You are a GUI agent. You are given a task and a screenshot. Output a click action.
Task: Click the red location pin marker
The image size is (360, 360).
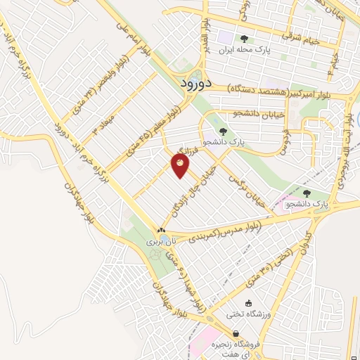(x=181, y=165)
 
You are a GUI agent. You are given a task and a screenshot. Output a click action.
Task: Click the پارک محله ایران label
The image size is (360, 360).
(x=245, y=51)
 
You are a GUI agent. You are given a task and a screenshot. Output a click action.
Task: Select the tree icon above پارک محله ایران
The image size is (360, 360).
(x=244, y=39)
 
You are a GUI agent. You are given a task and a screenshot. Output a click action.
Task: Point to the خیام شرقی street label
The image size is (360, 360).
(x=301, y=37)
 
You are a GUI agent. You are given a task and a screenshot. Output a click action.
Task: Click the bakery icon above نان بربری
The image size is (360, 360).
(x=162, y=230)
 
